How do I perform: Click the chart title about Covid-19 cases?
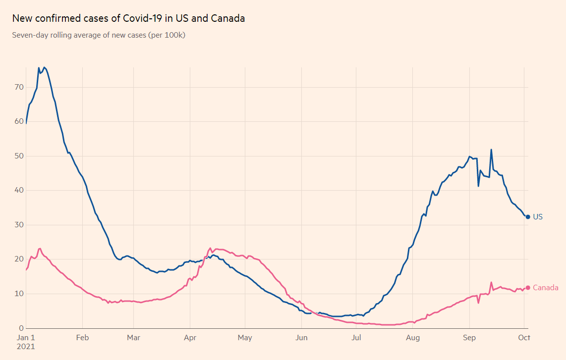(x=128, y=19)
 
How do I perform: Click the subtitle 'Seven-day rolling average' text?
(x=98, y=35)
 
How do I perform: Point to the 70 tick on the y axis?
(x=19, y=87)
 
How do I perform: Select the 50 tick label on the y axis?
(x=19, y=156)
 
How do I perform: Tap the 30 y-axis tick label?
(x=19, y=225)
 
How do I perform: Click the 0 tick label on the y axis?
(x=21, y=328)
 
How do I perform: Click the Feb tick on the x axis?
(x=82, y=338)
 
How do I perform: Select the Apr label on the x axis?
(x=190, y=338)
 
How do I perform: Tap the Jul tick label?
(x=355, y=338)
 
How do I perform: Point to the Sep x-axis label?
(x=469, y=338)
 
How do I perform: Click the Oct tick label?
(x=524, y=338)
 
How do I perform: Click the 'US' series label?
(x=538, y=217)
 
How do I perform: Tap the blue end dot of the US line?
(x=528, y=217)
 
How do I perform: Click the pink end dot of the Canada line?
(x=528, y=288)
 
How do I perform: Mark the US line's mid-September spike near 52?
(x=491, y=150)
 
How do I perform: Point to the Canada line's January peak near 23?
(x=40, y=249)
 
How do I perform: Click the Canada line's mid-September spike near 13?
(x=491, y=283)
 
